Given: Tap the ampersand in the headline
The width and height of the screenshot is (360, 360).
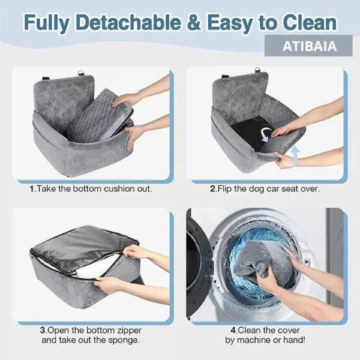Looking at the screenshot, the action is coord(194,23).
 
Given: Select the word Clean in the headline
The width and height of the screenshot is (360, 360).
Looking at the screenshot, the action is coord(310,23).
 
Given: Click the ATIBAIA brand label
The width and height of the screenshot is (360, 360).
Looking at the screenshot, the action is coord(310,46).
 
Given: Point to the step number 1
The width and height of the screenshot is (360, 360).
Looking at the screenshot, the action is coord(32,189).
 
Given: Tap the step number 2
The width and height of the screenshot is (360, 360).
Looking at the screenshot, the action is coord(213,189).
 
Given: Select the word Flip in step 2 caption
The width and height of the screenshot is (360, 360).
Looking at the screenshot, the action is coord(224,189).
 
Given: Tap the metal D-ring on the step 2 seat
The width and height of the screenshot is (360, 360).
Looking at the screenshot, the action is coord(257,71).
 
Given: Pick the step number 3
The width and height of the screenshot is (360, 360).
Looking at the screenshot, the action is coord(43,331).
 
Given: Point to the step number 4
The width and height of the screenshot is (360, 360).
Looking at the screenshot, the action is coord(233,331).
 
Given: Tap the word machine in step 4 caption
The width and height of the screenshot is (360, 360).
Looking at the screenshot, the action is coord(253,340).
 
